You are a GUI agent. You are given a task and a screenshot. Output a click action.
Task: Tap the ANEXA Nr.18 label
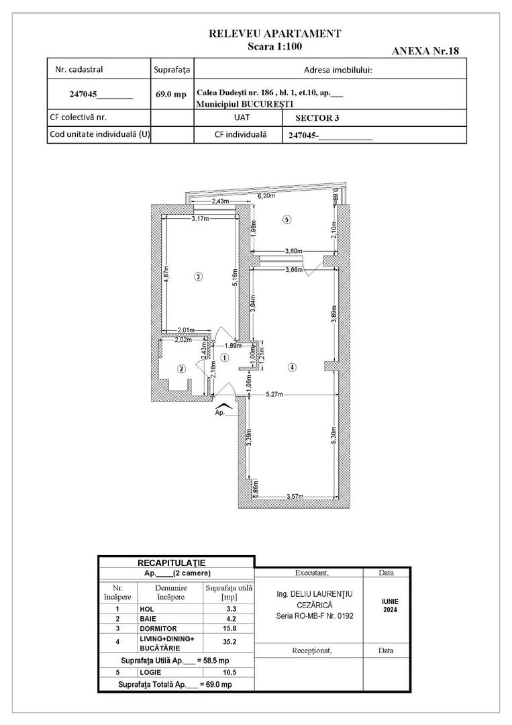click(x=425, y=51)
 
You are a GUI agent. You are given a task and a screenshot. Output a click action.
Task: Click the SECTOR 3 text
click(x=317, y=117)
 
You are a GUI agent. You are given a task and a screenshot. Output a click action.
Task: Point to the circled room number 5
click(x=287, y=219)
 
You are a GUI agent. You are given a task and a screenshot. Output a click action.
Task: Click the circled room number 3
click(x=198, y=276)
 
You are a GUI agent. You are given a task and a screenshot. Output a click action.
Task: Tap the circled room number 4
click(x=291, y=367)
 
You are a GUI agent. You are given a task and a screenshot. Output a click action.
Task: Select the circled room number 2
click(x=181, y=369)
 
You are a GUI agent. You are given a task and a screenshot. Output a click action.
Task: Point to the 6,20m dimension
click(x=267, y=196)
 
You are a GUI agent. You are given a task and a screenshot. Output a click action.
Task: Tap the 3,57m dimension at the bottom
click(x=295, y=497)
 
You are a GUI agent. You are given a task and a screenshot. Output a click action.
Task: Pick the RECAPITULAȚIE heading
click(x=176, y=562)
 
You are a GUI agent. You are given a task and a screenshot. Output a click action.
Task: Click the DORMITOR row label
click(x=158, y=628)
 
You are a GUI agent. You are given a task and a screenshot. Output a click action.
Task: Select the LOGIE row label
click(x=150, y=671)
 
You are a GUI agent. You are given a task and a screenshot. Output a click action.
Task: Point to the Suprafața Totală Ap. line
click(x=175, y=684)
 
